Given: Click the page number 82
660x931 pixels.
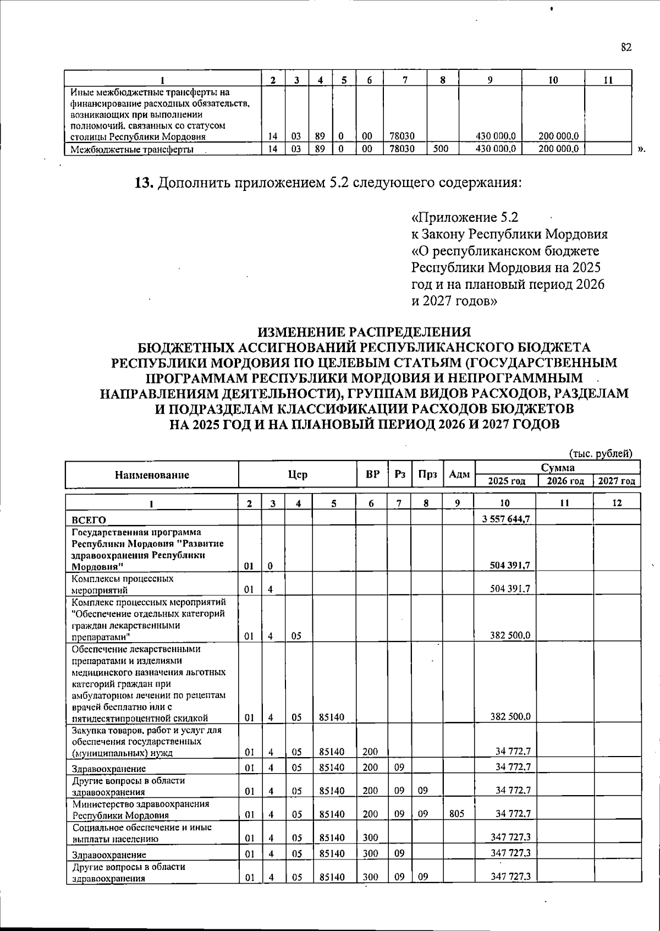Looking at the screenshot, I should (x=626, y=47).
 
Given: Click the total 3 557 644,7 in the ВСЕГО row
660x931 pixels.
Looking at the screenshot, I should (x=505, y=519).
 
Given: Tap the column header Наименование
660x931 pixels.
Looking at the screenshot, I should (x=152, y=475).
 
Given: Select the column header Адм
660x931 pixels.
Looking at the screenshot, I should (x=459, y=475).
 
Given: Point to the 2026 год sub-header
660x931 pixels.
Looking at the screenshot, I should (x=565, y=481).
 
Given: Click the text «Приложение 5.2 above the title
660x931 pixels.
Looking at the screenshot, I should (x=465, y=216).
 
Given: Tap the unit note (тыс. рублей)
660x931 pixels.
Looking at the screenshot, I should (x=601, y=453).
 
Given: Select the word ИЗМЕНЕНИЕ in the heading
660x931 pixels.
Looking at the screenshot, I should (x=307, y=332).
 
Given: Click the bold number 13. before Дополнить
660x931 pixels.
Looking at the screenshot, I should (x=145, y=182).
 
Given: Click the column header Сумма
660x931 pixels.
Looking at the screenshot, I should (x=557, y=468).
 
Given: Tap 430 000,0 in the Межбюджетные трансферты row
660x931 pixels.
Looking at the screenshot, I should (x=497, y=149).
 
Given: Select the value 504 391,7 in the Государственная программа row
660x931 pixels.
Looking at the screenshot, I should (x=510, y=565).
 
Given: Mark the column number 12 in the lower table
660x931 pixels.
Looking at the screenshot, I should (x=617, y=502).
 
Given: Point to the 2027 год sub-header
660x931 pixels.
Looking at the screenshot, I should (x=617, y=481).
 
